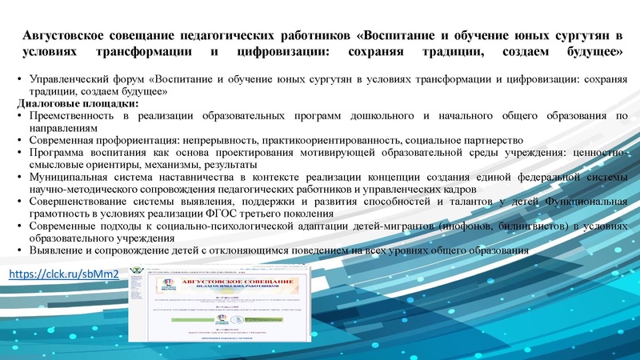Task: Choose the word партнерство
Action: (x=490, y=138)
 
